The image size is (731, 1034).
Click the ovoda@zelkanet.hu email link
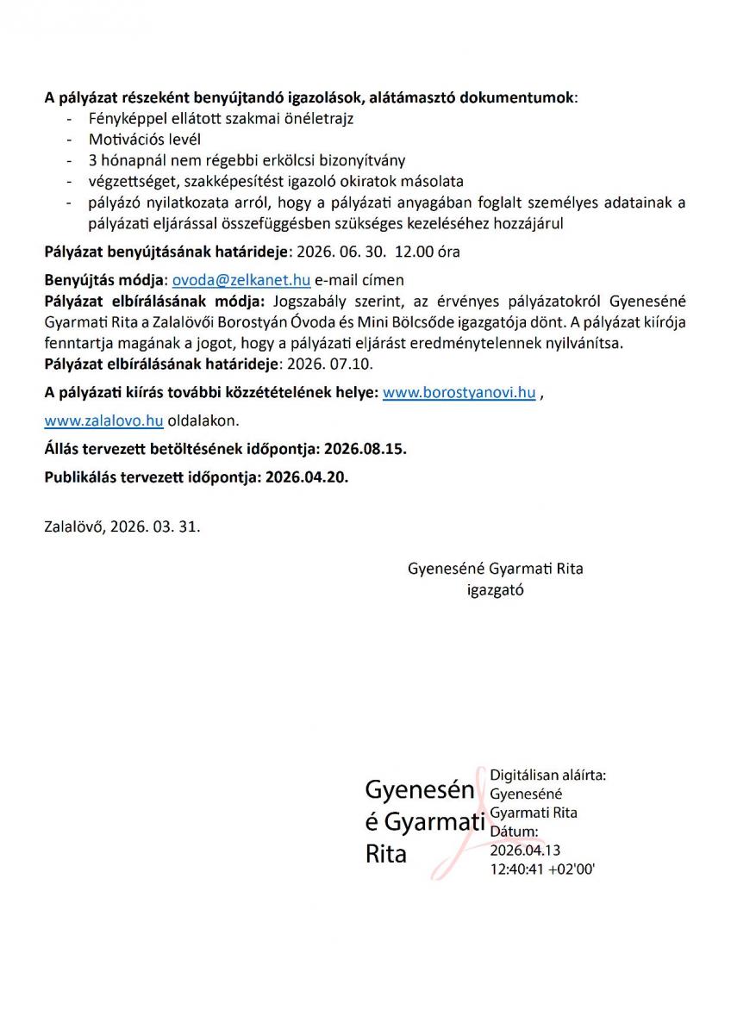click(x=241, y=280)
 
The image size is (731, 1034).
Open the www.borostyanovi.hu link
click(x=459, y=393)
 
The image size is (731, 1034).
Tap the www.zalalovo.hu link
click(x=103, y=420)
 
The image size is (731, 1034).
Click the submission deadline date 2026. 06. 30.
click(x=341, y=252)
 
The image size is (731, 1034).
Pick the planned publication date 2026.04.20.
click(x=307, y=477)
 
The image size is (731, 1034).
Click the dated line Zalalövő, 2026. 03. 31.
click(x=122, y=525)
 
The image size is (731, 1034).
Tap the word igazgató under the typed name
click(x=495, y=590)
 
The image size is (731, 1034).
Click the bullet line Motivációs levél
click(x=145, y=139)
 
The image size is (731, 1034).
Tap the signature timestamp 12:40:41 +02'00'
click(x=542, y=869)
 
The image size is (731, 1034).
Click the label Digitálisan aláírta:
click(x=547, y=775)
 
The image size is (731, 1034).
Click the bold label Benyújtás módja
click(x=103, y=280)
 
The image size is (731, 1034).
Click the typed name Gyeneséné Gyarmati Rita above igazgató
click(x=495, y=569)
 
